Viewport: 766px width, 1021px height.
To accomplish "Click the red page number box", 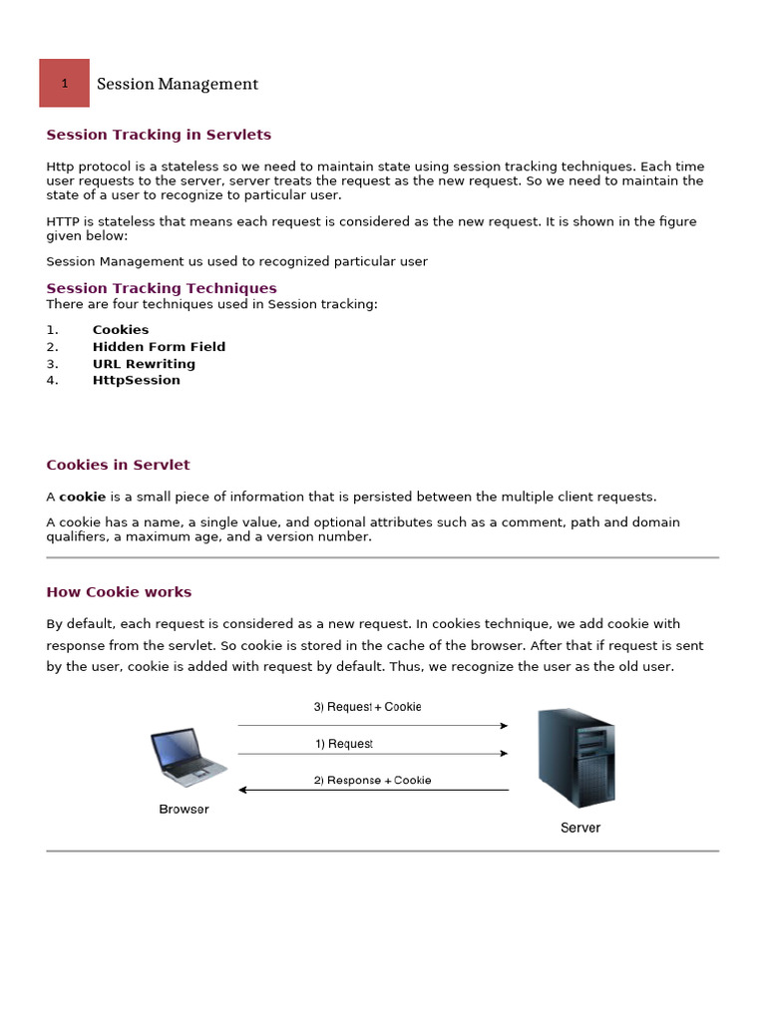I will click(x=64, y=83).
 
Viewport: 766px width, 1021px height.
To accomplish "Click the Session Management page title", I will click(x=178, y=85).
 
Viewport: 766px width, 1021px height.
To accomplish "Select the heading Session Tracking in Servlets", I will click(x=159, y=135).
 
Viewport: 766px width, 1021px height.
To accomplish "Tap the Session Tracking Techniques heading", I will click(x=162, y=288).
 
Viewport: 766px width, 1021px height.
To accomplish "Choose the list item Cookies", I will click(x=121, y=330).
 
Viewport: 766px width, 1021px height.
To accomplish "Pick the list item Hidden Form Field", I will click(x=159, y=347).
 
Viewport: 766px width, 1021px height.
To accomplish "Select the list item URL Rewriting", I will click(x=144, y=364).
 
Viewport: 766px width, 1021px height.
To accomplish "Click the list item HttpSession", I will click(x=137, y=380).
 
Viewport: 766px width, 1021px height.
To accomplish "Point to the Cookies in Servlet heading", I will click(x=118, y=465).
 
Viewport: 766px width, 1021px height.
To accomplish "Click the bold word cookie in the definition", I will click(x=82, y=497).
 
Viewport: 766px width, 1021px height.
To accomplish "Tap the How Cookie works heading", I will click(x=119, y=592).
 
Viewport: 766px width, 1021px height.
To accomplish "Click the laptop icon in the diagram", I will click(x=188, y=758).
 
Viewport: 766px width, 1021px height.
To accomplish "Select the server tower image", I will click(x=575, y=758).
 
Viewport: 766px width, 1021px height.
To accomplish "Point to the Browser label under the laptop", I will click(x=185, y=810).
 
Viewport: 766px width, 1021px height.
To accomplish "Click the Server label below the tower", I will click(x=580, y=828).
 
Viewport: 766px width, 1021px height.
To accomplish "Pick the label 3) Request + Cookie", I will click(x=367, y=707).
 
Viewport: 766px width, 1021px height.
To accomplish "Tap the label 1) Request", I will click(x=344, y=744).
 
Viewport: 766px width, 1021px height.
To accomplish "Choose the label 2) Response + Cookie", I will click(x=373, y=780).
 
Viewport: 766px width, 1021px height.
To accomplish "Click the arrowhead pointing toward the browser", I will click(x=243, y=791).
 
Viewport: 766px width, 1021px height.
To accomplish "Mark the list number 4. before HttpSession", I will click(x=53, y=380).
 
